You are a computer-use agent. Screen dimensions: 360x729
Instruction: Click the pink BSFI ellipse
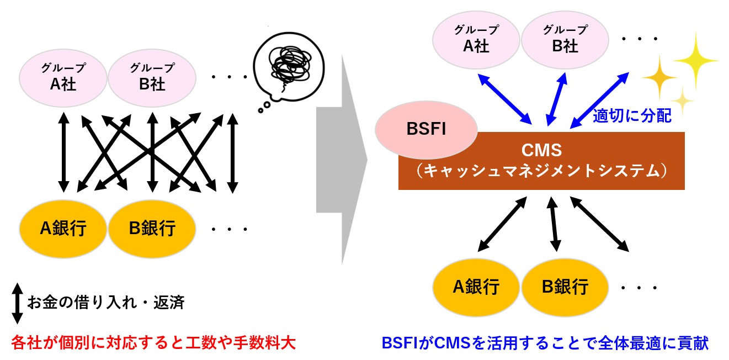click(x=426, y=129)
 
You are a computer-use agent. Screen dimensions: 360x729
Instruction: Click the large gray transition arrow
click(x=341, y=160)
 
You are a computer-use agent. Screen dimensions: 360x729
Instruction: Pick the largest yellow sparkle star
click(x=695, y=59)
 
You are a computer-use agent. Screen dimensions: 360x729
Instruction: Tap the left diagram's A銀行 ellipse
click(x=63, y=227)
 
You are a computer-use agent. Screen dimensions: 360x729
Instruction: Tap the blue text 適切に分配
click(x=632, y=116)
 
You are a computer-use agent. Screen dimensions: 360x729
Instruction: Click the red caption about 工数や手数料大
click(x=153, y=343)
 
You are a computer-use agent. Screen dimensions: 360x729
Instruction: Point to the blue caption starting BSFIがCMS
click(x=545, y=343)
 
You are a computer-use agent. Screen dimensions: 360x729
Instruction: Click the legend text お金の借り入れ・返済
click(x=106, y=303)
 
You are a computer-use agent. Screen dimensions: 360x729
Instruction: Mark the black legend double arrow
click(x=17, y=303)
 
